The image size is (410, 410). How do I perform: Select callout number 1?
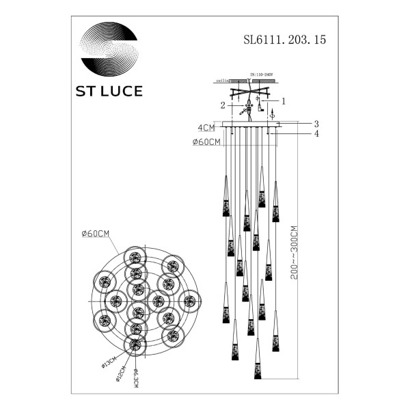pos(283,100)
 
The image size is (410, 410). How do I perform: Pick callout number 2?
pos(223,106)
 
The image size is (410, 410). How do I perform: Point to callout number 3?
pos(316,124)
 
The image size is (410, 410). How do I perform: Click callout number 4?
pos(316,134)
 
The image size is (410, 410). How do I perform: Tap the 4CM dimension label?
pos(206,128)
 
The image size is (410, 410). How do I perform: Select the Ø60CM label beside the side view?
pos(206,142)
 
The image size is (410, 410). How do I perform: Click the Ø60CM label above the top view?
pos(95,234)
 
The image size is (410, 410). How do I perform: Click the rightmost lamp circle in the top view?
pos(189,299)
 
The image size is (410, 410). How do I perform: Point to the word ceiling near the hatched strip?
pos(221,81)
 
